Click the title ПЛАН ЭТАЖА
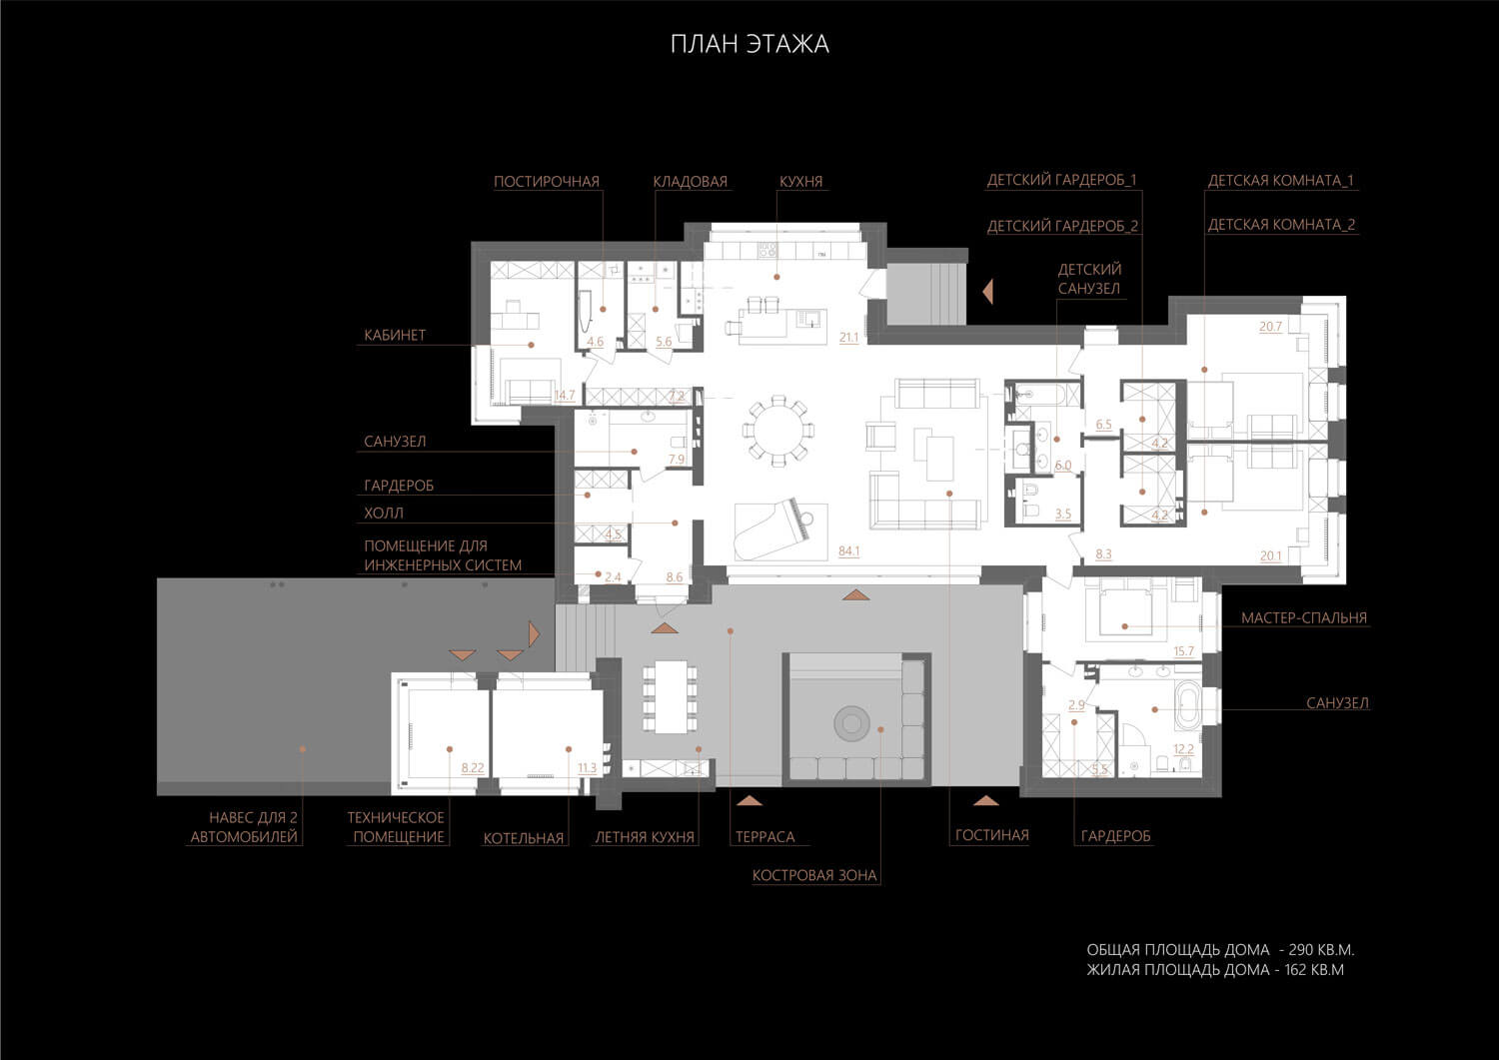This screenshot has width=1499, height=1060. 749,44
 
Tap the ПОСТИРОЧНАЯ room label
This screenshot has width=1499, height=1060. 547,182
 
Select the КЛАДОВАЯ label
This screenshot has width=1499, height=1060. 690,182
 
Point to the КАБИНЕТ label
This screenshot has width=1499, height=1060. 395,336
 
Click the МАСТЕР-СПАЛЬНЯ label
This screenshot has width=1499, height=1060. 1303,617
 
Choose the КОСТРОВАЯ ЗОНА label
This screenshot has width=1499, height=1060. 814,875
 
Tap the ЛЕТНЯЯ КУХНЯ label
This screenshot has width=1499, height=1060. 645,837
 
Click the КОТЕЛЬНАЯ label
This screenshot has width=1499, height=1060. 524,838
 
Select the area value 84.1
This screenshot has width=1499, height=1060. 849,551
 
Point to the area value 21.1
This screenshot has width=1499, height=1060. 849,338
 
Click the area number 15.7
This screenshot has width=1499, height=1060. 1184,651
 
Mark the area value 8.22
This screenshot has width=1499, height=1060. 473,768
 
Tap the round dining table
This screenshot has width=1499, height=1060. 777,431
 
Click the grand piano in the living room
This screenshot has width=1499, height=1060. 772,528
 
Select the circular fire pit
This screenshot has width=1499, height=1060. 851,723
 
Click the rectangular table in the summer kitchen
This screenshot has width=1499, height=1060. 671,697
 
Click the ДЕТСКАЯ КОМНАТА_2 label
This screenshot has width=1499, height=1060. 1281,225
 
